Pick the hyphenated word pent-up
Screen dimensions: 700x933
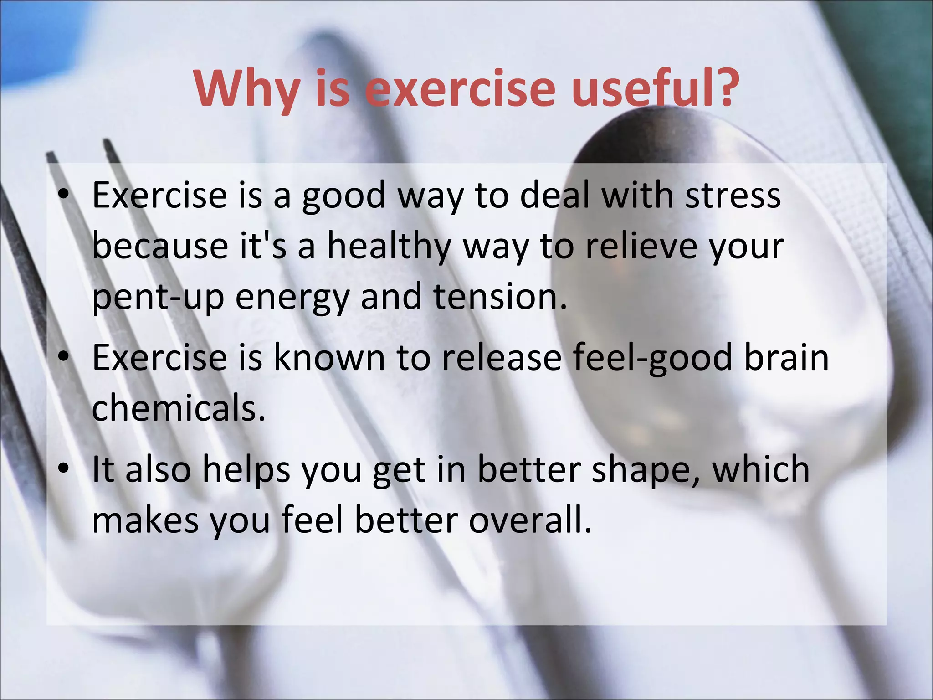(x=158, y=298)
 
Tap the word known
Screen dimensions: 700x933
(x=328, y=357)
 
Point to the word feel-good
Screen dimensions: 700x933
(x=651, y=358)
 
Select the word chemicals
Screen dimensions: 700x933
(x=178, y=407)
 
